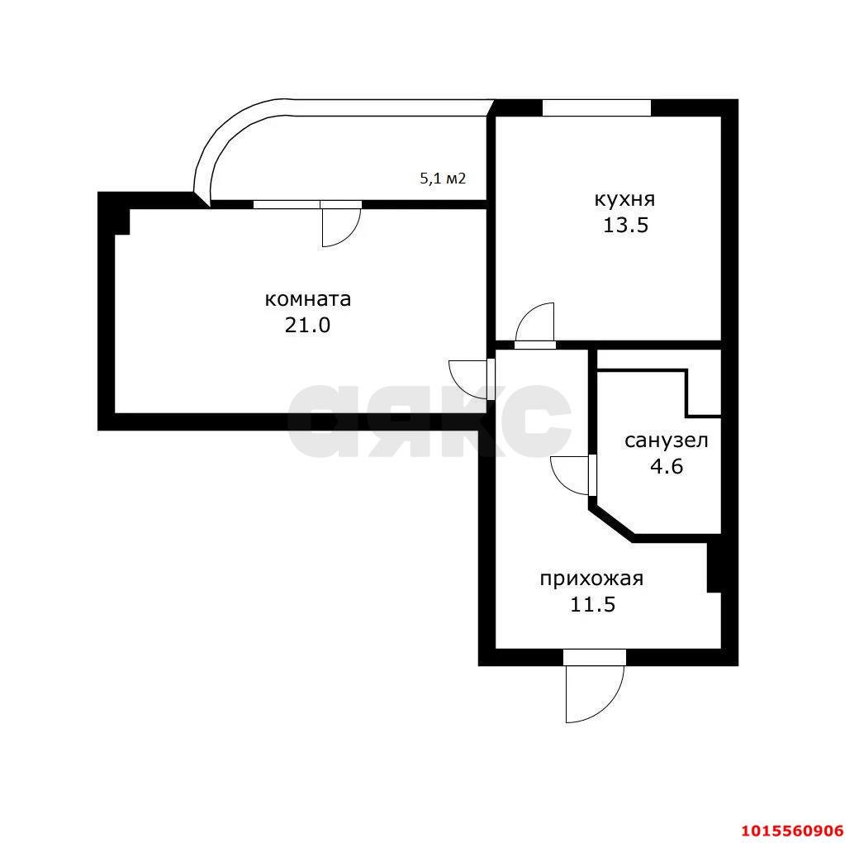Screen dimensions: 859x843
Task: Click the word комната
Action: [307, 299]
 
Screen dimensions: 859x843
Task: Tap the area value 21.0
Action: [307, 325]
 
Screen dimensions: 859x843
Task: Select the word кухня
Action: [624, 199]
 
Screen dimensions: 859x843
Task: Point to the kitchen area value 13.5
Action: [625, 225]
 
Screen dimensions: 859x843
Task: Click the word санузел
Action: [667, 441]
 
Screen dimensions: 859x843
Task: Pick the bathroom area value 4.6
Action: [667, 466]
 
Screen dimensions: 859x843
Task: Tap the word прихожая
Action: [591, 579]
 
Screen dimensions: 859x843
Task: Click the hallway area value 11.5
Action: [593, 605]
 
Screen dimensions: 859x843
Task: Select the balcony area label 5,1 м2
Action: [443, 179]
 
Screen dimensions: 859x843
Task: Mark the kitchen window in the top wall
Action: [596, 107]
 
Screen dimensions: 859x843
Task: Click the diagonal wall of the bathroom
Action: [612, 522]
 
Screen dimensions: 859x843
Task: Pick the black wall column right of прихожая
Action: [714, 567]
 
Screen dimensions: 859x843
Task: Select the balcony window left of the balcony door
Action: [287, 204]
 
